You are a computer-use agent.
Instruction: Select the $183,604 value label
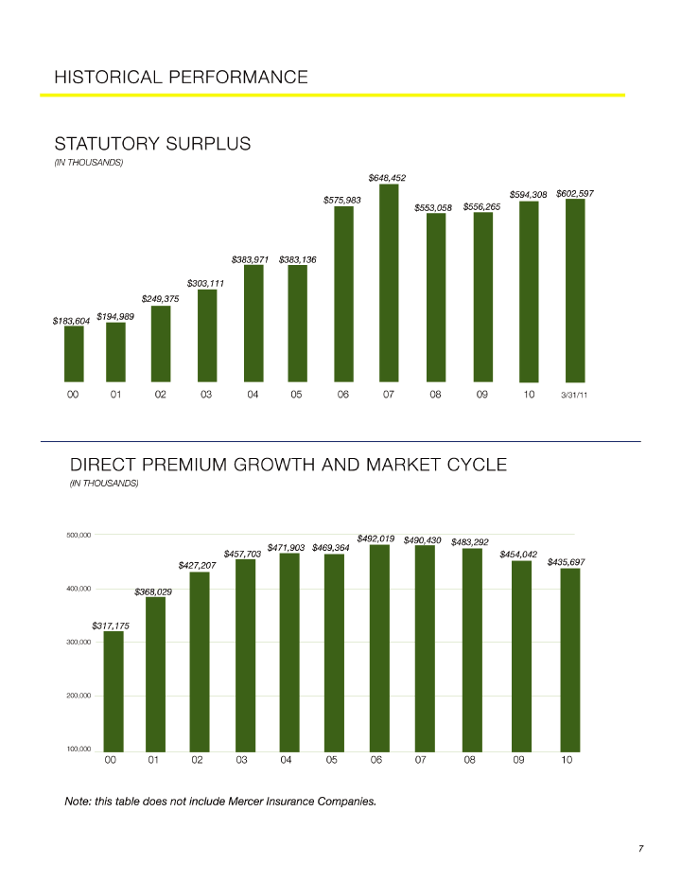point(71,322)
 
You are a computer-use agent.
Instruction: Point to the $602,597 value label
point(575,193)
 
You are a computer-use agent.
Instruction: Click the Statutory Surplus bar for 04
point(253,323)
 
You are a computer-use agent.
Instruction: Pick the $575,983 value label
point(342,200)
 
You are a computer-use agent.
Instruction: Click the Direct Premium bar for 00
point(113,691)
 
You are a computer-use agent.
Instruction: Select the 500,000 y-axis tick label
point(79,536)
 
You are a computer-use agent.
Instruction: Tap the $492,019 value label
point(375,538)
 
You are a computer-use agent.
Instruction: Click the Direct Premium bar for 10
point(569,659)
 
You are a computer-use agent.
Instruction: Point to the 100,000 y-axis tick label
point(79,750)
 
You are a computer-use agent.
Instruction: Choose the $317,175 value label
point(111,626)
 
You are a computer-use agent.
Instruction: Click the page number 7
point(640,848)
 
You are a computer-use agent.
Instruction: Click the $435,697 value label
point(566,562)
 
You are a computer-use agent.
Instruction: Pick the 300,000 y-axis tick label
point(79,643)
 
